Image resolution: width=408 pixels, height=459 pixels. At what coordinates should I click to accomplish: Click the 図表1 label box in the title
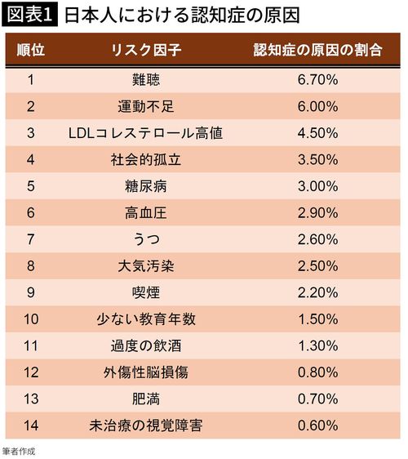pos(29,16)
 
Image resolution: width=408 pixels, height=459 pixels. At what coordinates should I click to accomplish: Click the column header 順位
pos(31,51)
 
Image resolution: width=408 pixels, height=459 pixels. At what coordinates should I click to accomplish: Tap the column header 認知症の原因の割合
pos(317,51)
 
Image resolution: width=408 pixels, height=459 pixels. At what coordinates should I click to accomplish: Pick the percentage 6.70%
pos(317,80)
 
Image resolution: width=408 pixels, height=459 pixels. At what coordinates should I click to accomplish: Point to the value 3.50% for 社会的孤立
pos(317,159)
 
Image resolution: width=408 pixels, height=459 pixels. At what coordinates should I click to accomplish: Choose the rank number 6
pos(31,212)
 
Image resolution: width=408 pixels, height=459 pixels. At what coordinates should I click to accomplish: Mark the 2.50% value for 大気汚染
pos(317,265)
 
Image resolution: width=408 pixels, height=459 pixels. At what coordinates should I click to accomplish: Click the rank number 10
pos(31,319)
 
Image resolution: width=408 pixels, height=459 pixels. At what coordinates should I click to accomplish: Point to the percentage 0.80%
pos(317,372)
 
